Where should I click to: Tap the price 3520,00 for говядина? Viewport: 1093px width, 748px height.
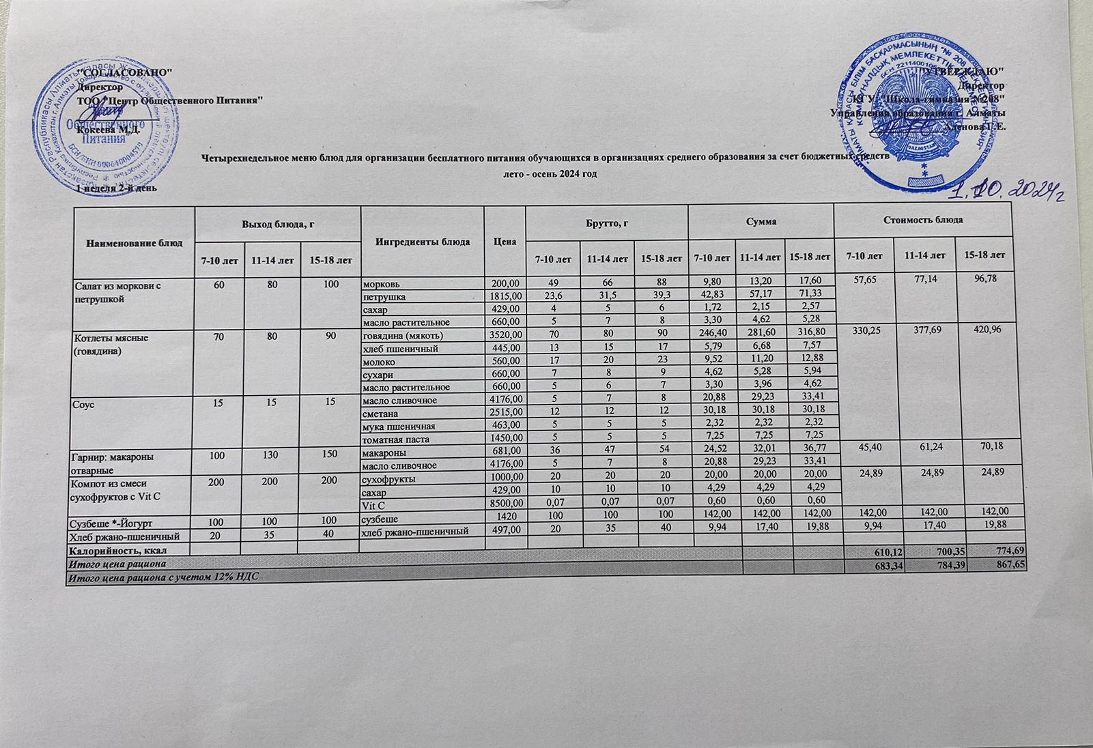coord(505,336)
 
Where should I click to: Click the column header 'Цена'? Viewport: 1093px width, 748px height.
coord(505,242)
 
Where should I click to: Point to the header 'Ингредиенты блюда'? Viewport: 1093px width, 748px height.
coord(422,242)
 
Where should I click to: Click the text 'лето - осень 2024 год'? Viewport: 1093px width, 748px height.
coord(550,174)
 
